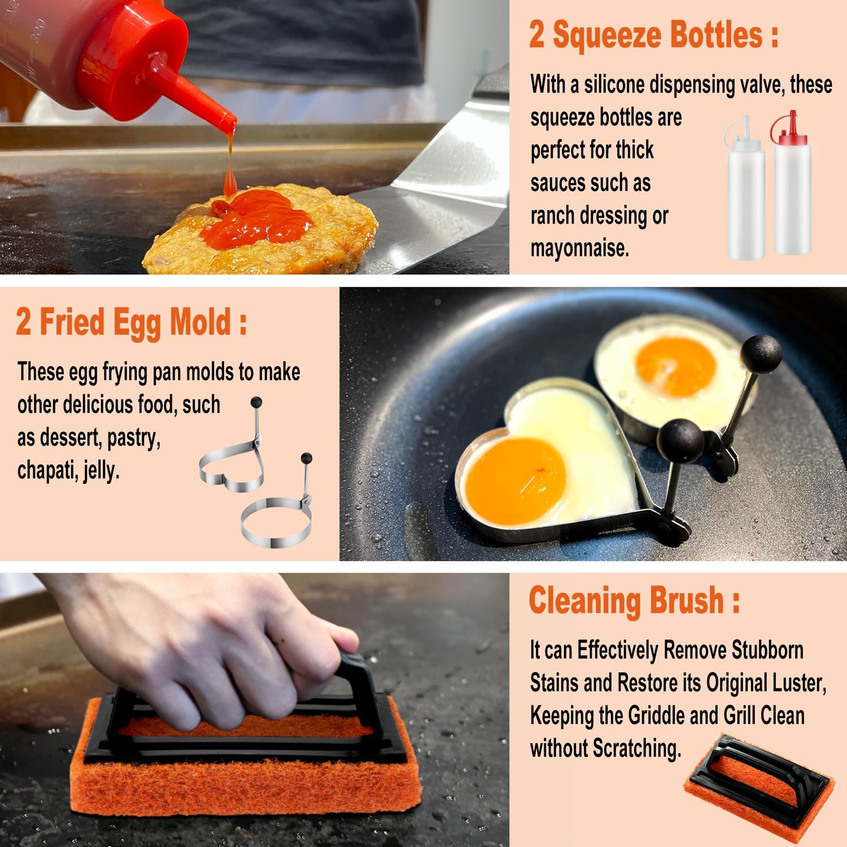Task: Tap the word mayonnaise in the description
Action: point(579,248)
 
